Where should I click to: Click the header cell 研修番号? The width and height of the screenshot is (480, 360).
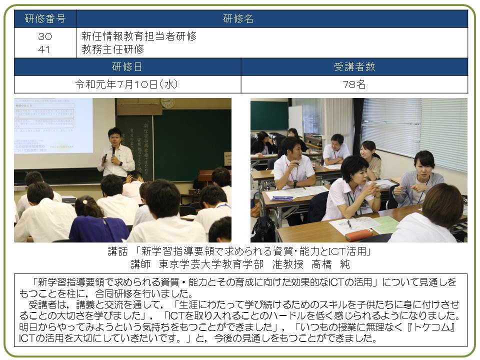coord(45,18)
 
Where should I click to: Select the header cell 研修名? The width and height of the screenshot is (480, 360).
coord(272,18)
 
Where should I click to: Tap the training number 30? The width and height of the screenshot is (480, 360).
coord(44,36)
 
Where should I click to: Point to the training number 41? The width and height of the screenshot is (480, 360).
coord(44,49)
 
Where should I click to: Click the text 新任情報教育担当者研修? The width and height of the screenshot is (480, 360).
coord(139,36)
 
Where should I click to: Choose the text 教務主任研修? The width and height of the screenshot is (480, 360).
coord(112,49)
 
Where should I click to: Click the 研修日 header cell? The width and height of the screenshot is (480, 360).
coord(127,66)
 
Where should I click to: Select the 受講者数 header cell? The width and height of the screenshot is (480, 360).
coord(354,66)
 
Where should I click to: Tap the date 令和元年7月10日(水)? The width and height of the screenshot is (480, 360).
coord(126,84)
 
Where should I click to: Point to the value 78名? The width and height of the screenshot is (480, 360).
coord(354,84)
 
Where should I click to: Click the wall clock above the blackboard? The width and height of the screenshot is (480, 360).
coord(167,103)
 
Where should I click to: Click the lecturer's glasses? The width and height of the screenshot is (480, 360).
coord(115,137)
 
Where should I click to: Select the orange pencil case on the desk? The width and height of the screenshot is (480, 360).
coord(358,235)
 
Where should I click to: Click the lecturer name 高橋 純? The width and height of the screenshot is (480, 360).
coord(330,264)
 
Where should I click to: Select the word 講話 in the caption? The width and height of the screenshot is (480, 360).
coord(117,251)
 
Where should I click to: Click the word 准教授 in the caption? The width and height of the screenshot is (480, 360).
coord(288,264)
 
